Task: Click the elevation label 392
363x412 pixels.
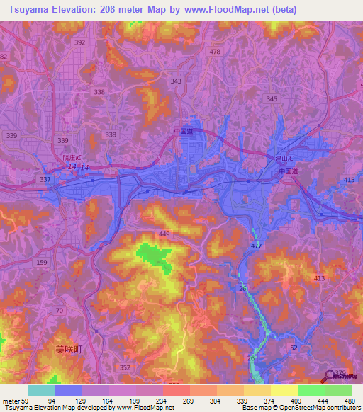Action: click(x=79, y=42)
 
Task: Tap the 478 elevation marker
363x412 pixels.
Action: click(x=216, y=52)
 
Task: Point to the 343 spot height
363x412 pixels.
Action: click(x=176, y=81)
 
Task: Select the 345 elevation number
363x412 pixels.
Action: click(x=272, y=99)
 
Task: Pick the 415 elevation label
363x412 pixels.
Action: click(x=349, y=181)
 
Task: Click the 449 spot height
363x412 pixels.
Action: click(x=165, y=234)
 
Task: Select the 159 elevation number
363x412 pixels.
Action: click(x=42, y=263)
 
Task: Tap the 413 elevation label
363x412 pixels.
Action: click(x=319, y=280)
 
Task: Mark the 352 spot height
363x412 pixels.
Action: click(x=125, y=367)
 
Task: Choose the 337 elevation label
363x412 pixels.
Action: click(x=45, y=180)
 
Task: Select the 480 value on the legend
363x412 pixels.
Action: click(x=347, y=400)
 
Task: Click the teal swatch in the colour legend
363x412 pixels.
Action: click(x=42, y=390)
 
